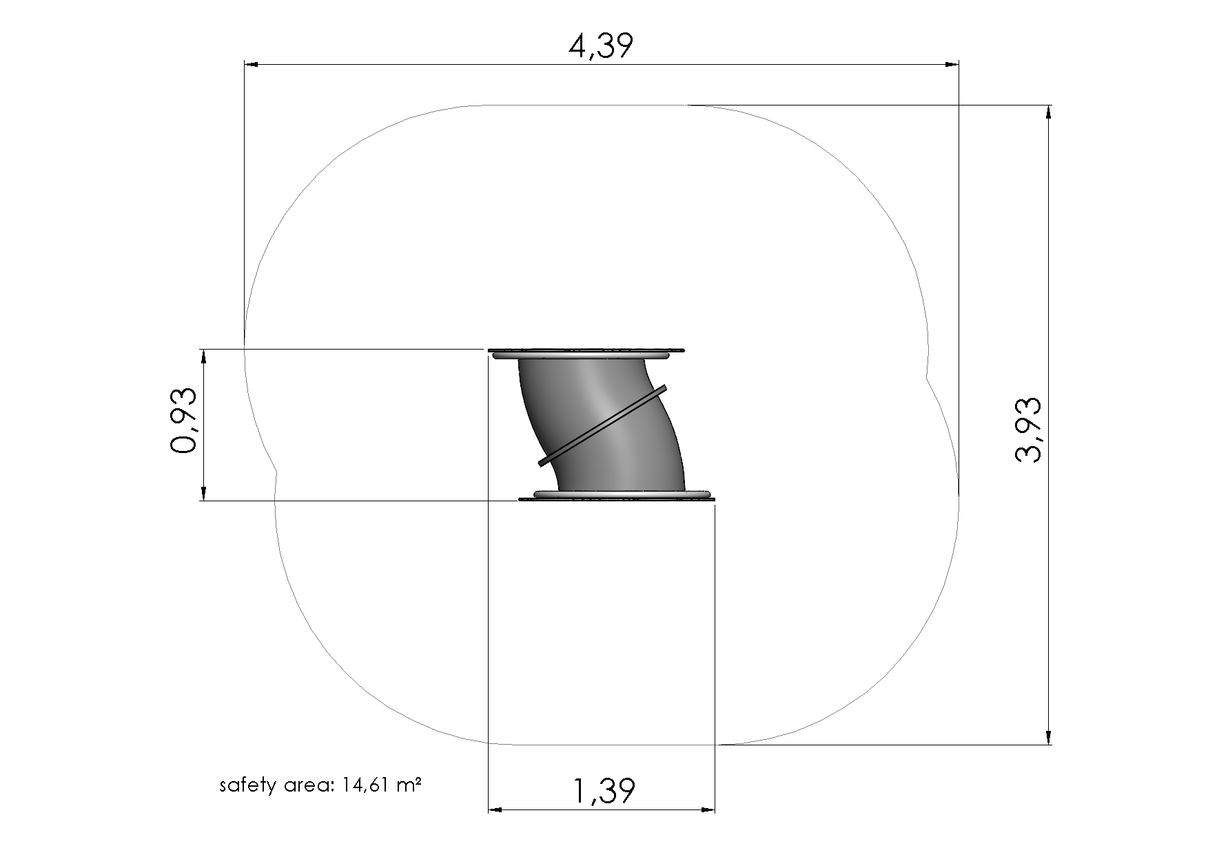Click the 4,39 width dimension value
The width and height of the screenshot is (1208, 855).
click(x=600, y=46)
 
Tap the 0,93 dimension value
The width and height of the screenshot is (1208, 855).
click(x=183, y=420)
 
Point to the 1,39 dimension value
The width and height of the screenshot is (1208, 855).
click(x=604, y=791)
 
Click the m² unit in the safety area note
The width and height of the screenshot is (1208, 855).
click(x=409, y=784)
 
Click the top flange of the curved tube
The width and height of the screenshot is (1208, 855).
click(x=586, y=353)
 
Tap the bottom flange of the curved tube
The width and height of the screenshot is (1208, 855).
click(x=617, y=495)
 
